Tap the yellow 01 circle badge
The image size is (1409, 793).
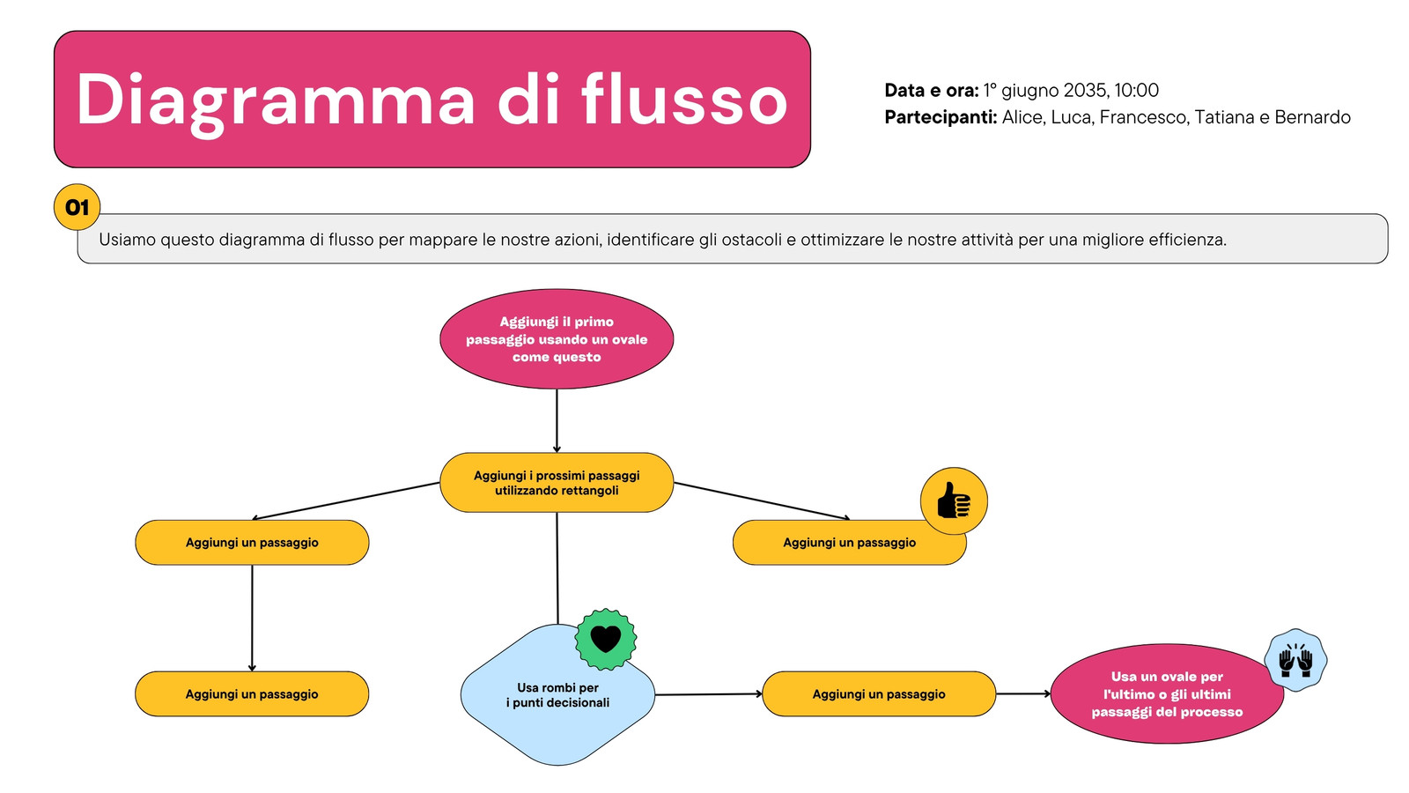(77, 207)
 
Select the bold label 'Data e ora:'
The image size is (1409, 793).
(932, 91)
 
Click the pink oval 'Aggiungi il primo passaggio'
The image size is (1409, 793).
(557, 339)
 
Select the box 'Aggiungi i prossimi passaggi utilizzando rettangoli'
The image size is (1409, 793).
(557, 483)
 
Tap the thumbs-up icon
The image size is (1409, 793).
(954, 501)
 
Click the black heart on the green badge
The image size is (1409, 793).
(606, 639)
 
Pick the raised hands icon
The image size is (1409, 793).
(1295, 660)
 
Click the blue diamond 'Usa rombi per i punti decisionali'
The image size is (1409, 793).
(558, 695)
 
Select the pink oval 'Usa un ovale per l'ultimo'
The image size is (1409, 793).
(1167, 694)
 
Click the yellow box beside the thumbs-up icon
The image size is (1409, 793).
(849, 543)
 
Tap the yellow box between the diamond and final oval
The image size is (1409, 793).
(879, 694)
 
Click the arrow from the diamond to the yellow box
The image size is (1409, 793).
(709, 694)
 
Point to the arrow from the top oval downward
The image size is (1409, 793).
(557, 421)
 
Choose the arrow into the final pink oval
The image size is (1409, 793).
(1023, 693)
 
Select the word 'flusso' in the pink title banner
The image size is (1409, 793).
(684, 100)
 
